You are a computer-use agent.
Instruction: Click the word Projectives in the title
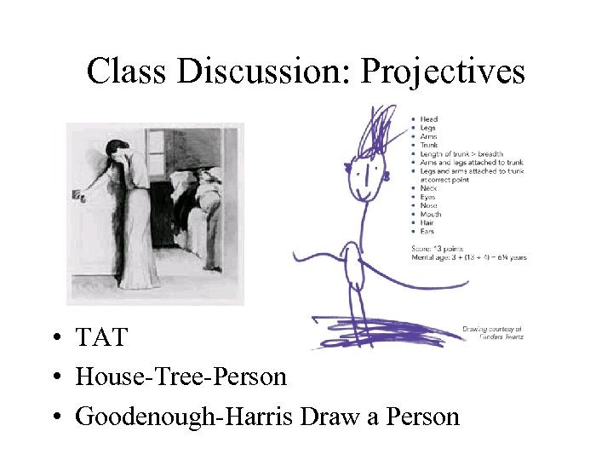coord(443,72)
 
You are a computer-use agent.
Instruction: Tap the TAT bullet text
coord(100,338)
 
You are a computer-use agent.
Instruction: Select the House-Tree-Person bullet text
coord(180,376)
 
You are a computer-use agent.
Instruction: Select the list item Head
coord(428,118)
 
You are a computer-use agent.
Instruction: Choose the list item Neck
coord(428,188)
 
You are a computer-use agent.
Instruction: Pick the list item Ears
coord(427,232)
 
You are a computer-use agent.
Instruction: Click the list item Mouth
coord(430,215)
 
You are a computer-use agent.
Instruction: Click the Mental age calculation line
coord(469,256)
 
